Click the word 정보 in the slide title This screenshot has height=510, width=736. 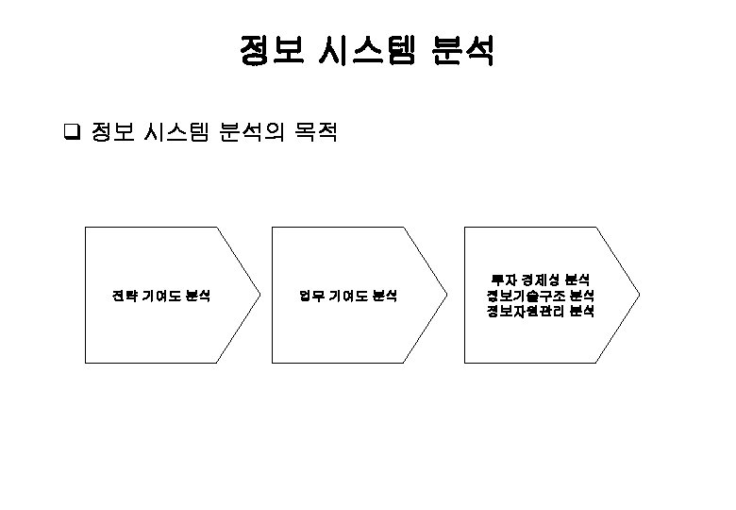coord(271,51)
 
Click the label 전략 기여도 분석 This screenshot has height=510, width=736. coord(160,296)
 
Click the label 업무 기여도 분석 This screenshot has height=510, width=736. coord(348,296)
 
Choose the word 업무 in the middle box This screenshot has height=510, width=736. coord(311,296)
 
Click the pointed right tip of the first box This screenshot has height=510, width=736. coord(259,294)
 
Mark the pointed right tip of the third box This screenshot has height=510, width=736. coord(639,294)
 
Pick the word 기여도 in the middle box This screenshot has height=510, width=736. coord(347,296)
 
